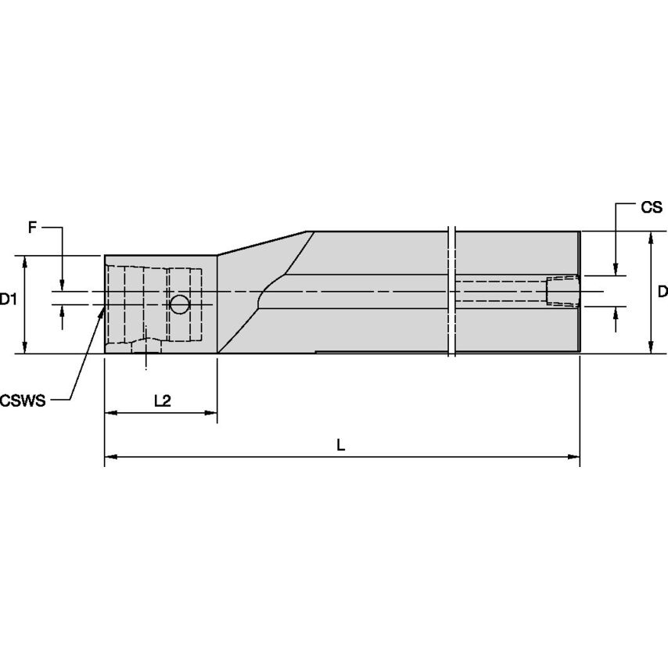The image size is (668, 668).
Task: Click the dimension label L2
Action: pyautogui.click(x=162, y=400)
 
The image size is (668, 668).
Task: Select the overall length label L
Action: pyautogui.click(x=340, y=444)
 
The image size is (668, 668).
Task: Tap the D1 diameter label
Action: pyautogui.click(x=9, y=298)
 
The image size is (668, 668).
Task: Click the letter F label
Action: pyautogui.click(x=32, y=228)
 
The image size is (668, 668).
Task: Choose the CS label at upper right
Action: pyautogui.click(x=651, y=207)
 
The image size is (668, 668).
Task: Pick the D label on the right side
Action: pyautogui.click(x=662, y=292)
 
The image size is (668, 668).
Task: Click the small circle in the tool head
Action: pyautogui.click(x=180, y=304)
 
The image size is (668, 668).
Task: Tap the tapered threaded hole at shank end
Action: pyautogui.click(x=562, y=291)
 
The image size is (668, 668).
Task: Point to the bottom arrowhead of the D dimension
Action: pyautogui.click(x=651, y=348)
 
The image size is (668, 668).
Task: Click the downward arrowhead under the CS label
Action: pyautogui.click(x=616, y=270)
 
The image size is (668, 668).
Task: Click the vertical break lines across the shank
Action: pyautogui.click(x=451, y=292)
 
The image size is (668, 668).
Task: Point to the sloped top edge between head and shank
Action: pyautogui.click(x=264, y=242)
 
